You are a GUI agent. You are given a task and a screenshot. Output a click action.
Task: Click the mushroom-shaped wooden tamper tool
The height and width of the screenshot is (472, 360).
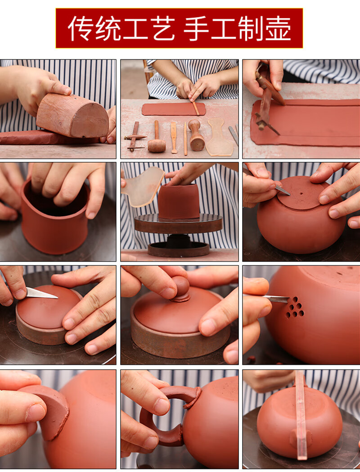197,135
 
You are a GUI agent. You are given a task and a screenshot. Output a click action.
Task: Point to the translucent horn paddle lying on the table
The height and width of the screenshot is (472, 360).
220,137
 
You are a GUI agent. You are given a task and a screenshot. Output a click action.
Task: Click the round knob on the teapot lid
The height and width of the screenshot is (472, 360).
180,289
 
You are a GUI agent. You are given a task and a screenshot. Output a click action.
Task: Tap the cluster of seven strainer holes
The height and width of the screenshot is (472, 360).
295,307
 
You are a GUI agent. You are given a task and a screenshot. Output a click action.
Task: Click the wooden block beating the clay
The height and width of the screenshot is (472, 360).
72,115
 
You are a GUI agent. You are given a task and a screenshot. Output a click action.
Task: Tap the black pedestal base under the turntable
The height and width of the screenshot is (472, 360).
179,246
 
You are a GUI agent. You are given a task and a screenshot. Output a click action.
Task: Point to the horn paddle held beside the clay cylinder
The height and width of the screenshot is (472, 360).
143,186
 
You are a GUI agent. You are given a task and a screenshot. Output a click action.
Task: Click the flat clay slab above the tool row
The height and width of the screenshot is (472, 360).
174,109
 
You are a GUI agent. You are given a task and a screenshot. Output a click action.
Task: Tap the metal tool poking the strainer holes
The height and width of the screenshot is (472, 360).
275,299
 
